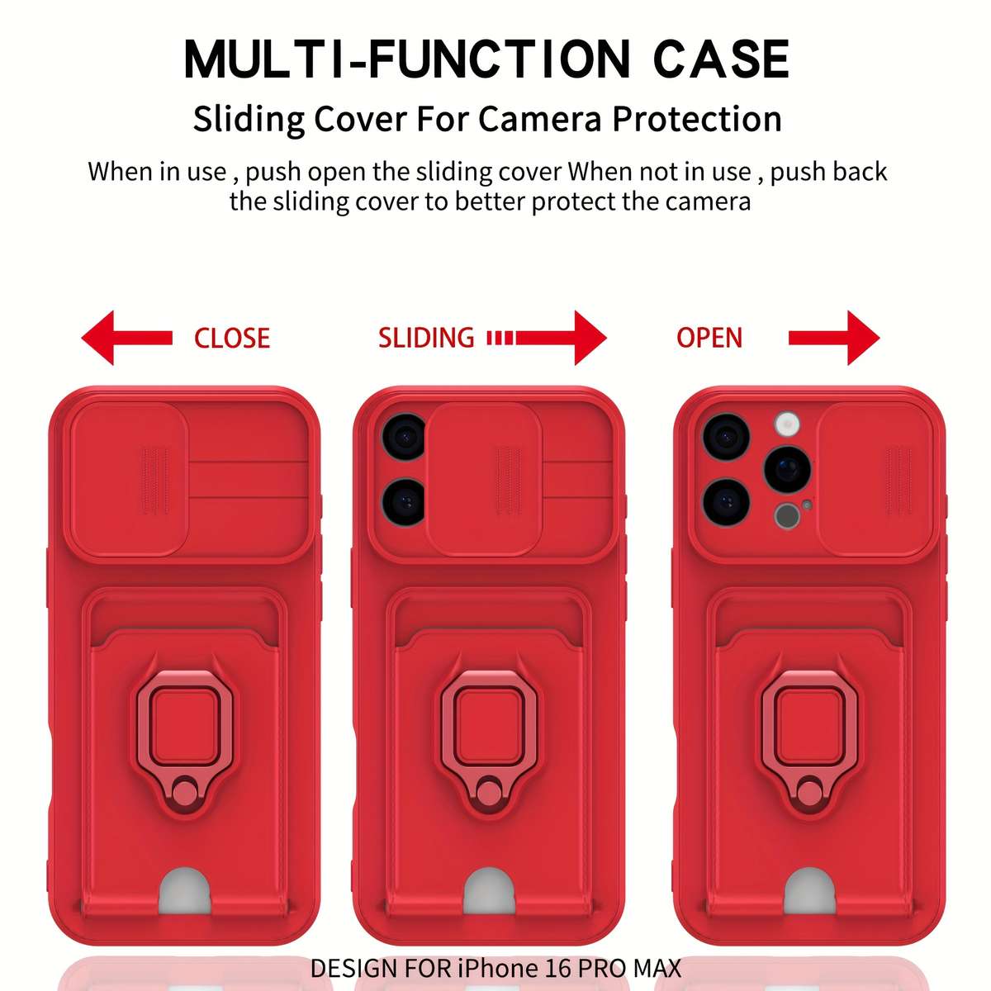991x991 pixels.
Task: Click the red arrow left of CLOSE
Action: pyautogui.click(x=126, y=338)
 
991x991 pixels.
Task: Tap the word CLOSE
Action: pyautogui.click(x=232, y=339)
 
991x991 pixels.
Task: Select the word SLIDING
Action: pyautogui.click(x=426, y=338)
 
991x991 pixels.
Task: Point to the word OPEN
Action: pyautogui.click(x=709, y=338)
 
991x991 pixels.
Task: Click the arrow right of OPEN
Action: pyautogui.click(x=834, y=338)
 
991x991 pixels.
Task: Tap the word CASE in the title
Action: pyautogui.click(x=722, y=59)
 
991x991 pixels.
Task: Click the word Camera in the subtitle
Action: pyautogui.click(x=539, y=119)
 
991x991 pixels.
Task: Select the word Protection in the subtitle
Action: pyautogui.click(x=697, y=119)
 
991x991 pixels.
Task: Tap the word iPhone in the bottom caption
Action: pyautogui.click(x=496, y=968)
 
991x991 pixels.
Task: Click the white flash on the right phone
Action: pyautogui.click(x=787, y=424)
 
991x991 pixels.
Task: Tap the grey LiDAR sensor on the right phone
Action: pyautogui.click(x=787, y=516)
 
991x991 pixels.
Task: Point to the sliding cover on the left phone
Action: pyautogui.click(x=129, y=479)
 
